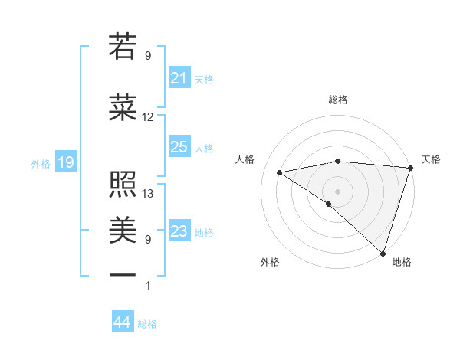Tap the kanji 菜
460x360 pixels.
(123, 107)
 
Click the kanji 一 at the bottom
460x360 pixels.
(123, 273)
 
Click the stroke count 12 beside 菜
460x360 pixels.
(148, 117)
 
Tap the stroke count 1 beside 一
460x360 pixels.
(148, 286)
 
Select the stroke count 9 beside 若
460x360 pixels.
(148, 56)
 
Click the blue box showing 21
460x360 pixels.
(179, 78)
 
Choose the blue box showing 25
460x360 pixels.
(179, 147)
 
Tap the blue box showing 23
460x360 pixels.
(179, 231)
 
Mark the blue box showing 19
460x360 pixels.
(65, 162)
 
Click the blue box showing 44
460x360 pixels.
(122, 322)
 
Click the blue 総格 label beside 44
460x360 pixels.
(147, 324)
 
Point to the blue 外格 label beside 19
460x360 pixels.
(41, 163)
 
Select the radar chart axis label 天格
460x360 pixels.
(431, 159)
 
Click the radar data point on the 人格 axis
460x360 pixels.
(280, 172)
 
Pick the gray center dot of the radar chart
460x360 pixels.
(337, 190)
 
